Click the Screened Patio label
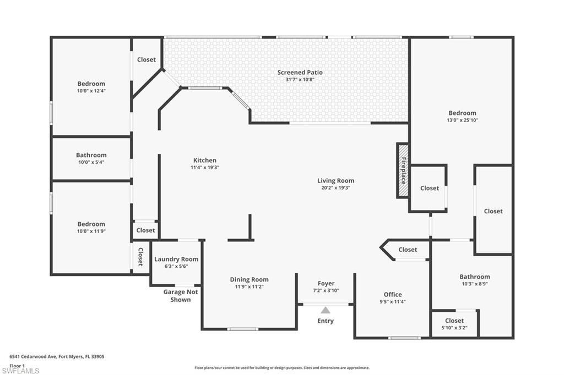pyautogui.click(x=300, y=73)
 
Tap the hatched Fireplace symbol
pyautogui.click(x=403, y=170)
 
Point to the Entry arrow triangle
pyautogui.click(x=326, y=310)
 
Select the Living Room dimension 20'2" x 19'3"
pyautogui.click(x=335, y=187)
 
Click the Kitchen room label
pyautogui.click(x=204, y=161)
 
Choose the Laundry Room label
pyautogui.click(x=176, y=260)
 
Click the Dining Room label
pyautogui.click(x=249, y=280)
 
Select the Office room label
pyautogui.click(x=393, y=295)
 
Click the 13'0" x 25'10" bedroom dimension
pyautogui.click(x=462, y=120)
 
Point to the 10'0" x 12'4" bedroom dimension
pyautogui.click(x=91, y=91)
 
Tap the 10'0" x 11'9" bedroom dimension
pyautogui.click(x=91, y=231)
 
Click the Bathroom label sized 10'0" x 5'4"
pyautogui.click(x=91, y=156)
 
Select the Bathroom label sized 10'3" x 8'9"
pyautogui.click(x=474, y=277)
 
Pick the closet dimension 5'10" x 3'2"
pyautogui.click(x=454, y=327)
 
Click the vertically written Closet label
pyautogui.click(x=140, y=257)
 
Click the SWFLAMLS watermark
pyautogui.click(x=20, y=371)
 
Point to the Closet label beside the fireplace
pyautogui.click(x=430, y=188)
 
